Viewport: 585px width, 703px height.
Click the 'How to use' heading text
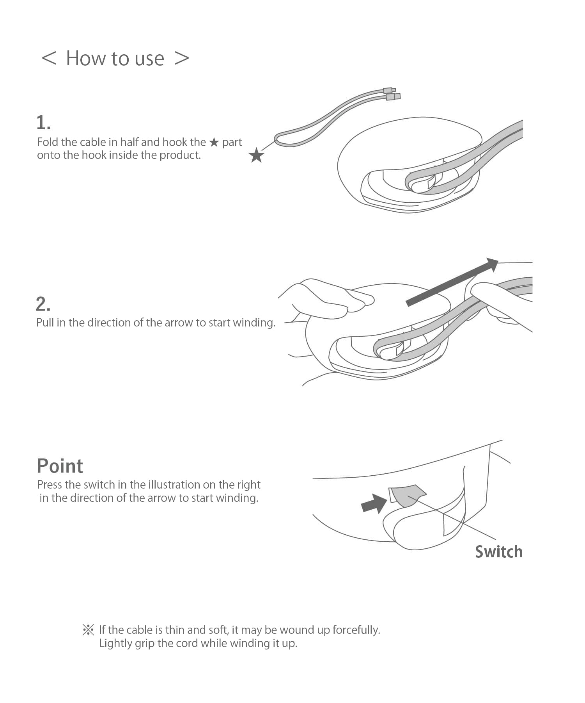115,59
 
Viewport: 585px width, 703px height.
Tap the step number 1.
43,123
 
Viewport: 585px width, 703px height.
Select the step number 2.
43,304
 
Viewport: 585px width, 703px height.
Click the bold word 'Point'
60,466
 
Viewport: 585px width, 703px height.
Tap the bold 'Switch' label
499,552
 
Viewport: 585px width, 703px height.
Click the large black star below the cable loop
256,155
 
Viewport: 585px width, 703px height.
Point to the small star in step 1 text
214,142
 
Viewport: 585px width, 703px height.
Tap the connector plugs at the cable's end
392,94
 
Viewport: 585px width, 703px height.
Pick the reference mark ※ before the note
89,630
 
